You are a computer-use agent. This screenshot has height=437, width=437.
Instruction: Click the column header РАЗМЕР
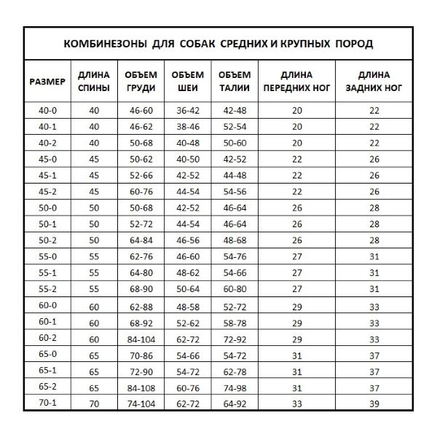pyautogui.click(x=47, y=82)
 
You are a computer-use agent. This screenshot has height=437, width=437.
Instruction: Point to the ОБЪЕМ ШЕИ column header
pyautogui.click(x=186, y=82)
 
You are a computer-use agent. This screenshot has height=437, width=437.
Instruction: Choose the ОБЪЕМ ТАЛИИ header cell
pyautogui.click(x=235, y=82)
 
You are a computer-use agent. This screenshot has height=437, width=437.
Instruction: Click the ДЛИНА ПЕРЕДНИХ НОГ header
pyautogui.click(x=296, y=82)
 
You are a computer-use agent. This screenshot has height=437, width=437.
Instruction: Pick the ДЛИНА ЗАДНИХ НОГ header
pyautogui.click(x=374, y=82)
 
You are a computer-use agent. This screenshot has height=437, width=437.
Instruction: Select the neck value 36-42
pyautogui.click(x=186, y=111)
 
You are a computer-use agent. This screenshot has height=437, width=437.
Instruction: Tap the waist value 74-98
pyautogui.click(x=235, y=386)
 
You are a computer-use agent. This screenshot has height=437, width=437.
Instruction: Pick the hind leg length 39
pyautogui.click(x=374, y=402)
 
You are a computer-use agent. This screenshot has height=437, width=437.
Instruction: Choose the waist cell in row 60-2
pyautogui.click(x=235, y=338)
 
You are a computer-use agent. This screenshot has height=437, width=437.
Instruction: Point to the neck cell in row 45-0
pyautogui.click(x=186, y=160)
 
